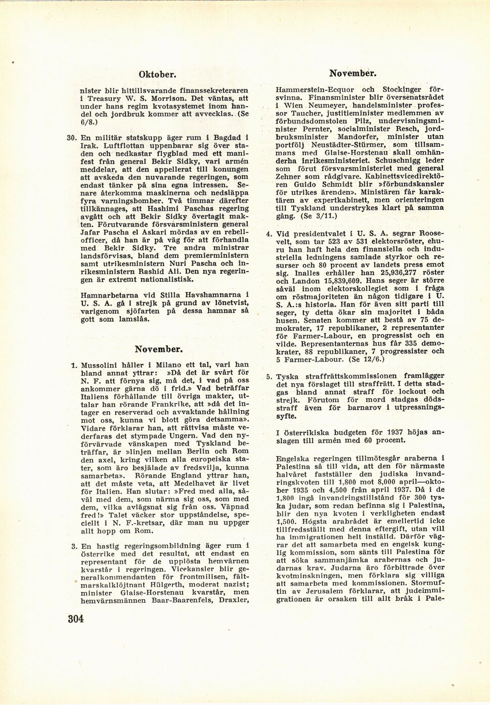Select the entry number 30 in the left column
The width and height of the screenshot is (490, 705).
(x=71, y=137)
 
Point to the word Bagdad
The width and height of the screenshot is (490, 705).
(x=223, y=137)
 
